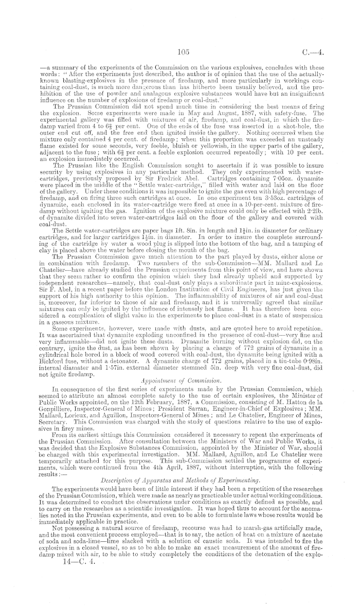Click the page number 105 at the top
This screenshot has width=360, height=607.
tap(184, 51)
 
